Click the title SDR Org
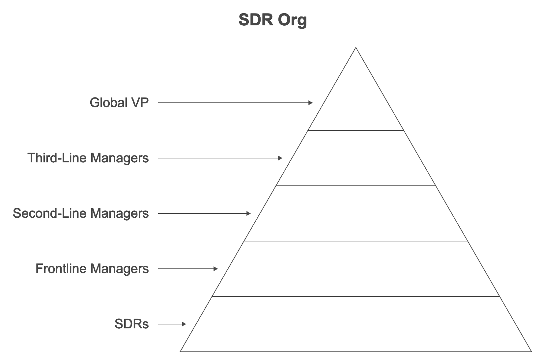point(272,20)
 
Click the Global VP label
point(119,103)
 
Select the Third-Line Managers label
point(88,158)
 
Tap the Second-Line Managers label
point(81,213)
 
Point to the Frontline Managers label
point(92,269)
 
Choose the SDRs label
point(131,324)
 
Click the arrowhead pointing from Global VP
point(311,103)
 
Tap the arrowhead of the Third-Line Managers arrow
point(280,158)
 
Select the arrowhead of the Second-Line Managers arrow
point(249,213)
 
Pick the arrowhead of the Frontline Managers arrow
point(216,269)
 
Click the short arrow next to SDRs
point(172,324)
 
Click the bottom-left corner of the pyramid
point(180,351)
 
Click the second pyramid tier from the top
point(356,158)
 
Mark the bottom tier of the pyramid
point(356,324)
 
